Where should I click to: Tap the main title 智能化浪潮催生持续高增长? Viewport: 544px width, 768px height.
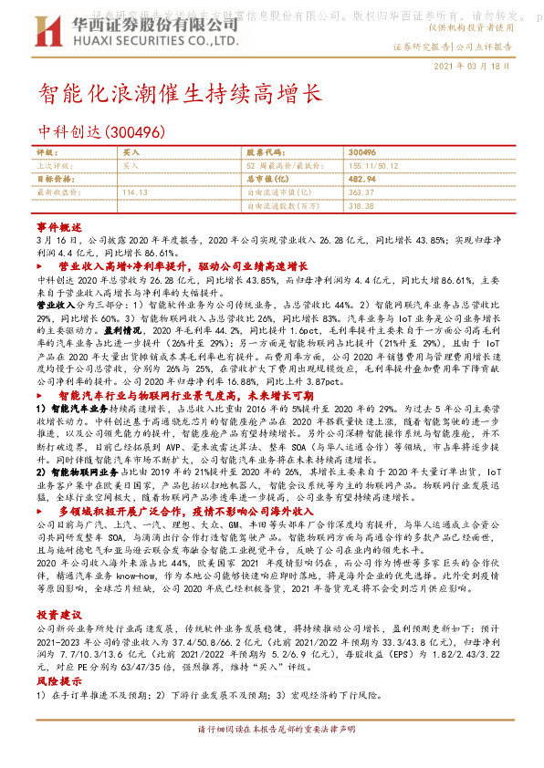click(x=180, y=93)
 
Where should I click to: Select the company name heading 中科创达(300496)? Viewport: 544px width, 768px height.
click(x=101, y=132)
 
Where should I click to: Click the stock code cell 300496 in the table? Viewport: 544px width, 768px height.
click(x=362, y=151)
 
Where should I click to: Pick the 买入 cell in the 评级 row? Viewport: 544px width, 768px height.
click(x=131, y=151)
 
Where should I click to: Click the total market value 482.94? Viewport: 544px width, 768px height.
click(x=363, y=179)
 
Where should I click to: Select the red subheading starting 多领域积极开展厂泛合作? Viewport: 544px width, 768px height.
click(x=183, y=513)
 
